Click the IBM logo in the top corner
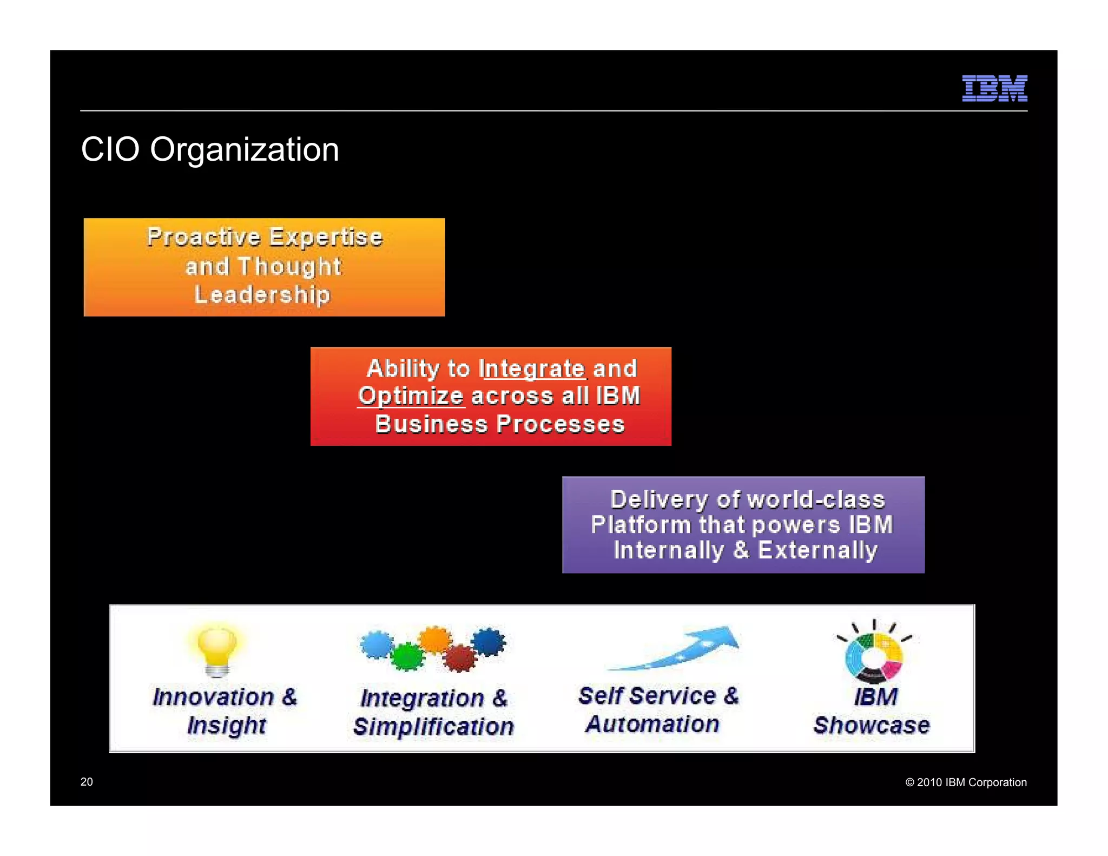tap(994, 88)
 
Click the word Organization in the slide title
tap(244, 149)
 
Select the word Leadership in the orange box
tap(262, 295)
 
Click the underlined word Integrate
tap(532, 369)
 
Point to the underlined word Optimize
tap(411, 396)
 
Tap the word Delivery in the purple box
tap(658, 499)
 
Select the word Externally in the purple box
tap(817, 550)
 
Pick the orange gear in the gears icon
tap(435, 640)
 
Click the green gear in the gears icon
tap(407, 656)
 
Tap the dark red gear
tap(460, 658)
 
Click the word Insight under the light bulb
tap(227, 725)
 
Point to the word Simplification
tap(433, 727)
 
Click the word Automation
tap(652, 724)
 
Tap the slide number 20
tap(87, 782)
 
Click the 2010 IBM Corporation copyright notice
tap(966, 782)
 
